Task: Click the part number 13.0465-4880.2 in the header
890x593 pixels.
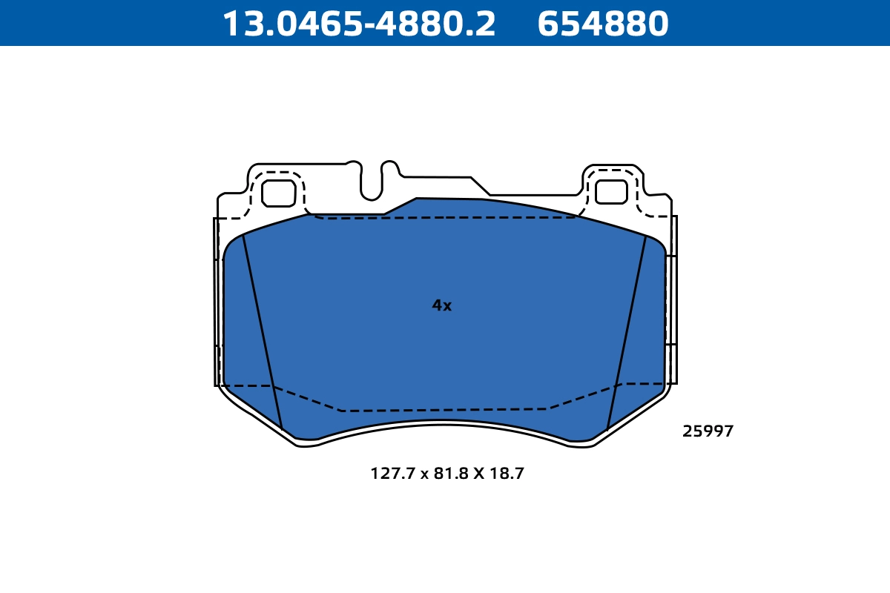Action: pos(359,24)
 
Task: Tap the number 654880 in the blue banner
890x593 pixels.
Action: pos(603,24)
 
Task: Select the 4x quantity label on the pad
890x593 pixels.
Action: pos(442,305)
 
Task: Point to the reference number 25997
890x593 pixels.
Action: pos(708,431)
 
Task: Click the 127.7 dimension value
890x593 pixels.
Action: pos(393,474)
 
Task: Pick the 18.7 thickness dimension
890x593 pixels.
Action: pos(507,474)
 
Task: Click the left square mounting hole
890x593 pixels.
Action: pos(279,193)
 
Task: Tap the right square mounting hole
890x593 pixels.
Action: pos(611,192)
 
